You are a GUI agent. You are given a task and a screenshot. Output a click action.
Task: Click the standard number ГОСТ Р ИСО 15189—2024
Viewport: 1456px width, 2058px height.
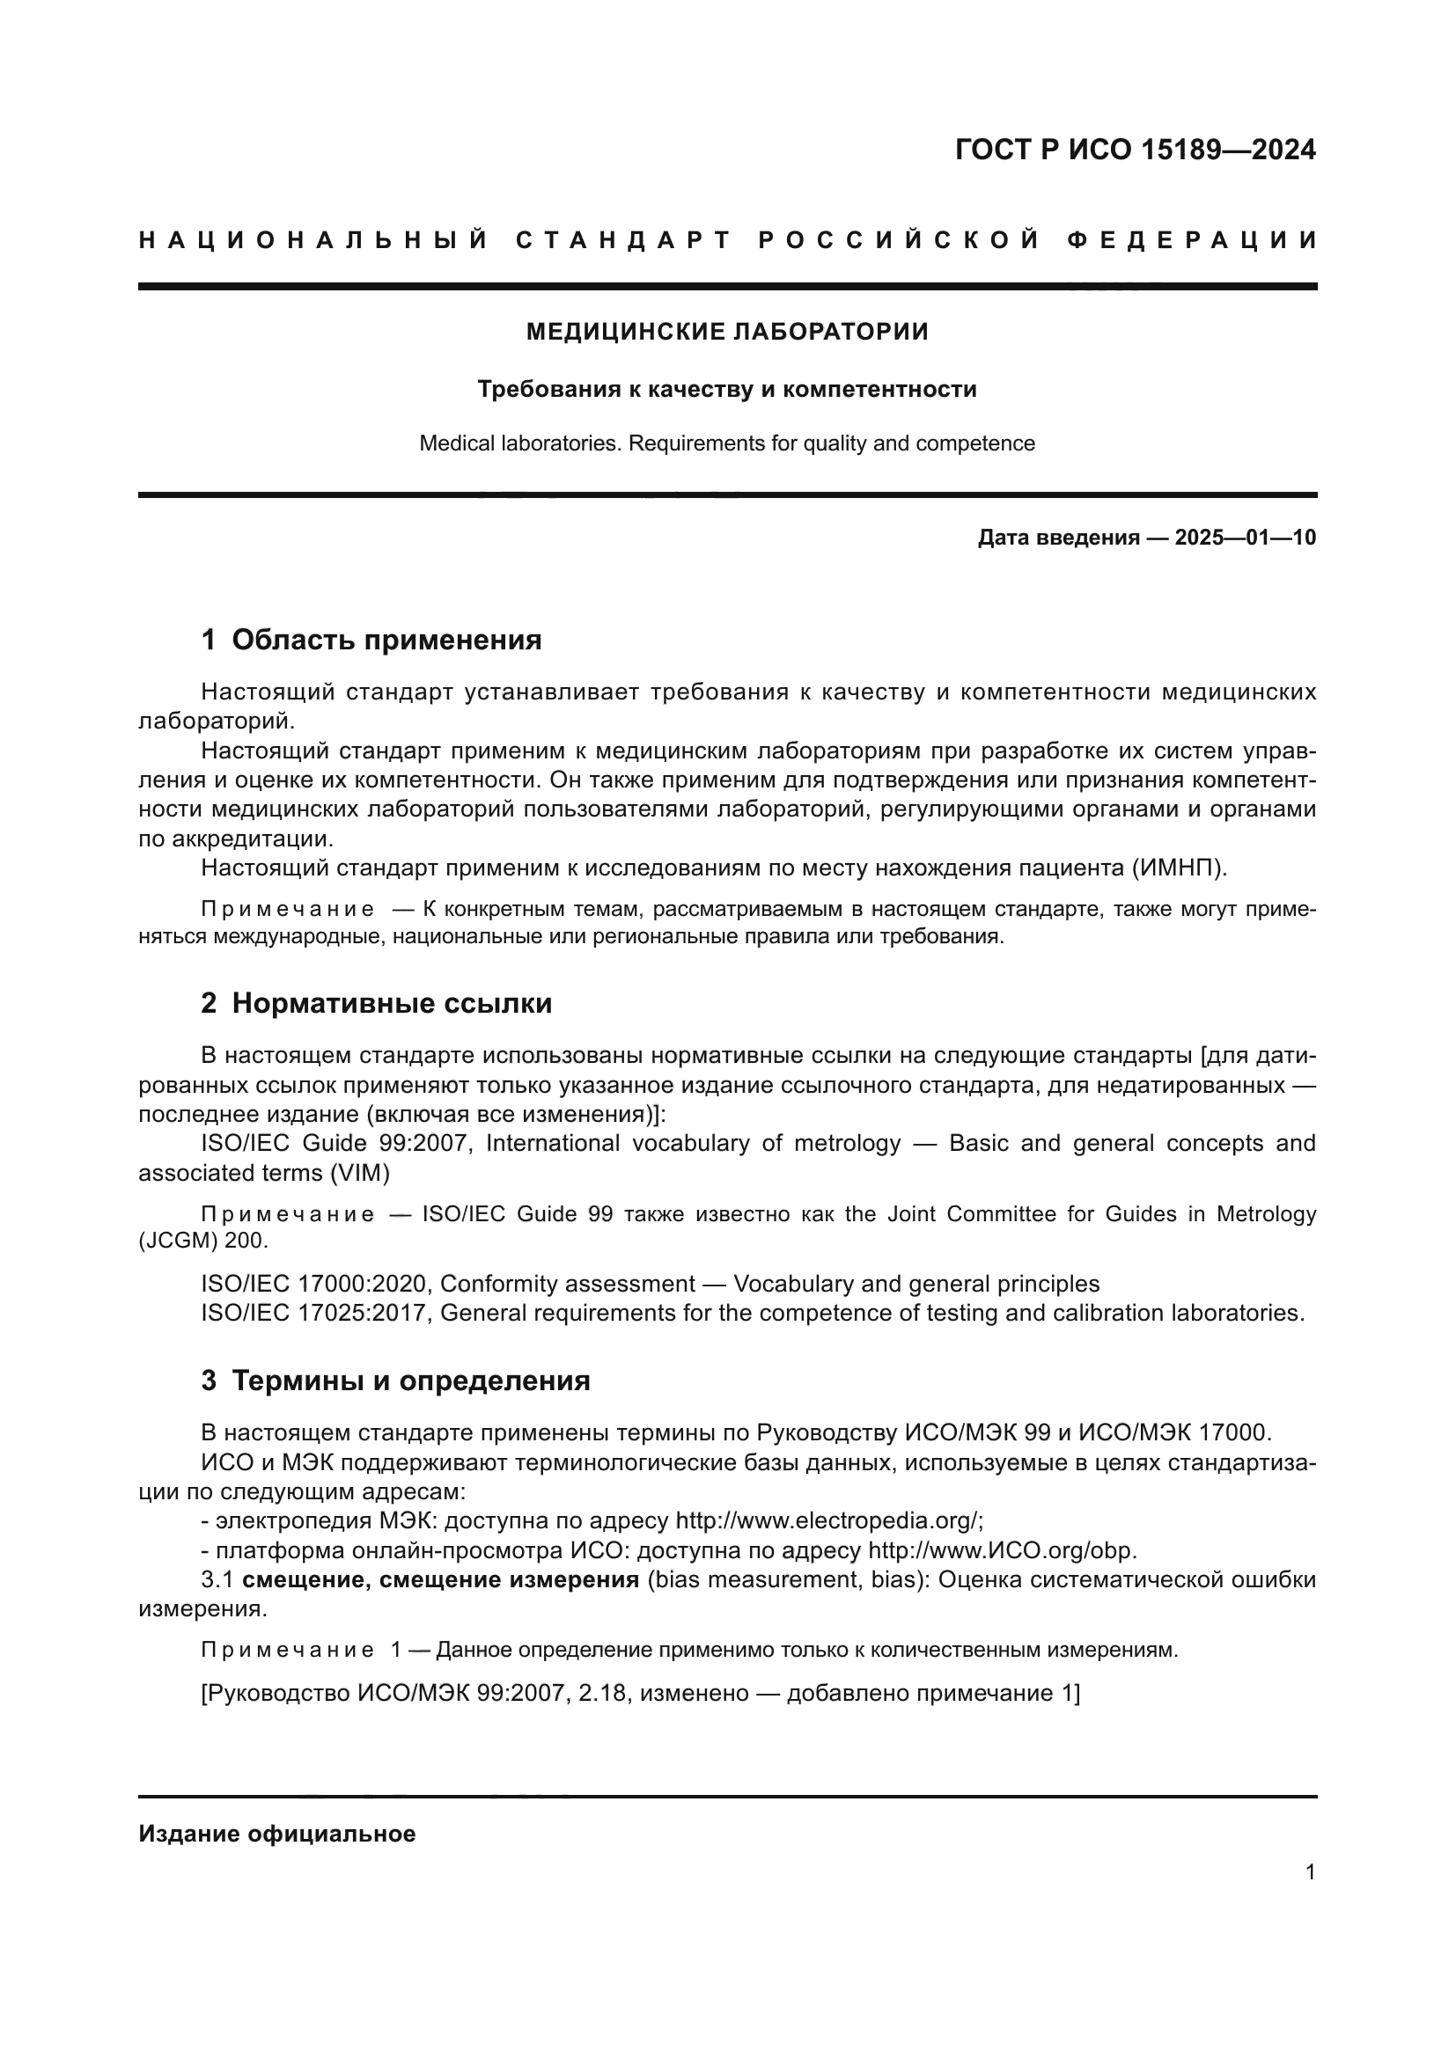tap(1135, 150)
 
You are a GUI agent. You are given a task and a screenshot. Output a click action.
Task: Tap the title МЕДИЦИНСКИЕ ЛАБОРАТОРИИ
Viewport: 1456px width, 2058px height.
tap(727, 332)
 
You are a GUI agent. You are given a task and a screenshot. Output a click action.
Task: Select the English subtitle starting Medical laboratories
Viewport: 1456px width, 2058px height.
tap(727, 443)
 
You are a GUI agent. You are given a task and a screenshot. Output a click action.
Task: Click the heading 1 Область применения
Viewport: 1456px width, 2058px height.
tap(371, 640)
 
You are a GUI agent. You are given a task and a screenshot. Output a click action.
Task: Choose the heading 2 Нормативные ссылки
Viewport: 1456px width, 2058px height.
tap(377, 1004)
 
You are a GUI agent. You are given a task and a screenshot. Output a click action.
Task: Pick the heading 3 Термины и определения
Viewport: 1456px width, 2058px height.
tap(395, 1381)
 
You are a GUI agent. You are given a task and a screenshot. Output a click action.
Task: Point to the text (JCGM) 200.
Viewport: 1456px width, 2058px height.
tap(202, 1241)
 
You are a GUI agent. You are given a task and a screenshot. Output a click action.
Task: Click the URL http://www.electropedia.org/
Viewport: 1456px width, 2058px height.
tap(828, 1521)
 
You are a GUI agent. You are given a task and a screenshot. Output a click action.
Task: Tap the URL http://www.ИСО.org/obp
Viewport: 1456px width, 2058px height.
tap(1002, 1550)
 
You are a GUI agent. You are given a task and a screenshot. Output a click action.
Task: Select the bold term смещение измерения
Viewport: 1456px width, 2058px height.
tap(508, 1580)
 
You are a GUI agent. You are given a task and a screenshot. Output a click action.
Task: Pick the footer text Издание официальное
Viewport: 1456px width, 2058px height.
tap(277, 1834)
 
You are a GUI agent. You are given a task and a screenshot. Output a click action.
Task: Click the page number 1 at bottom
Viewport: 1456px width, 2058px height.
tap(1310, 1872)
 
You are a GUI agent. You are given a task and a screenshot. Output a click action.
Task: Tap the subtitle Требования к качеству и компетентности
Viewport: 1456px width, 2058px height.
tap(727, 389)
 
